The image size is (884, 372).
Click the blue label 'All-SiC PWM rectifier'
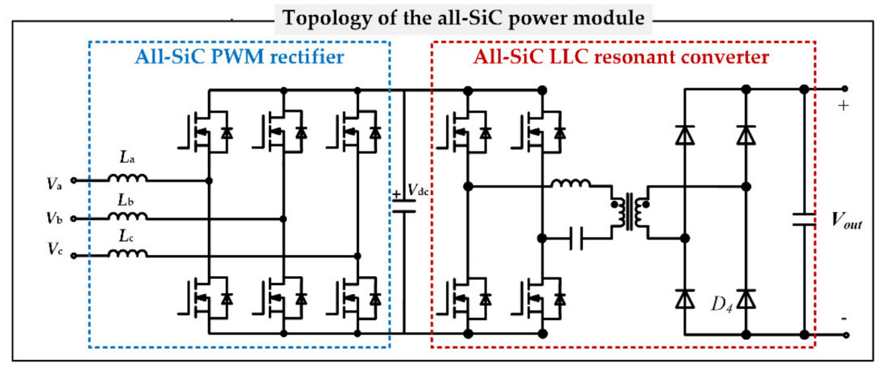tap(239, 55)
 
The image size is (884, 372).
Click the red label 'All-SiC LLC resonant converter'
tap(623, 55)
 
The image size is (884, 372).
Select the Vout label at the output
tap(846, 219)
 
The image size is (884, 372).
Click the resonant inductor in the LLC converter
tap(571, 182)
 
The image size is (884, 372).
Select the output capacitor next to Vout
tap(804, 219)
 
